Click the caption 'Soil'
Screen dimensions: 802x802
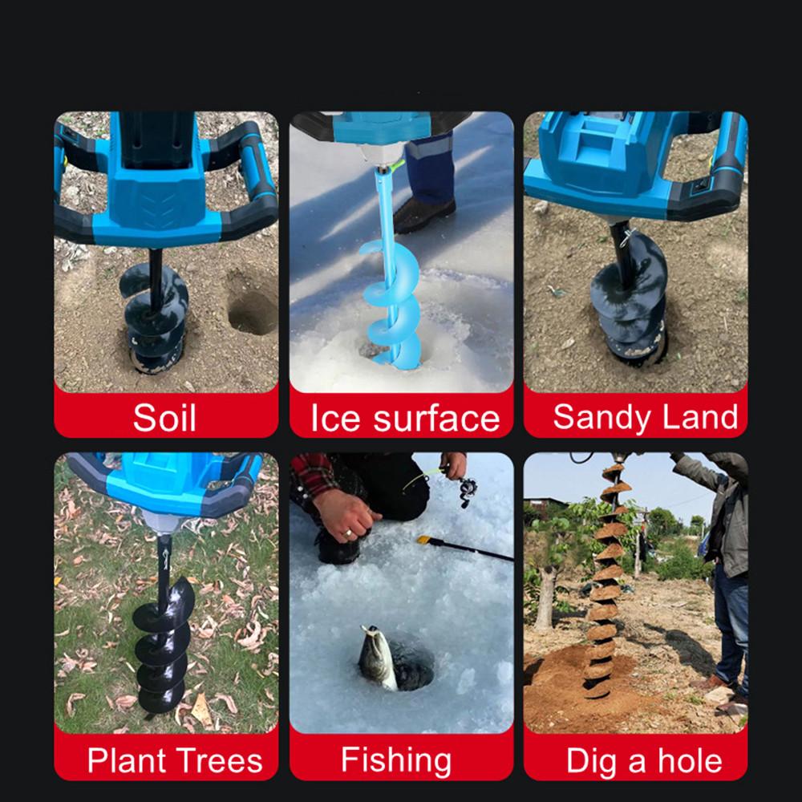click(164, 418)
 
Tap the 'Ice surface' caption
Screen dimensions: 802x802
click(405, 418)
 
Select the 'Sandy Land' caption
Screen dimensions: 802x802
click(645, 417)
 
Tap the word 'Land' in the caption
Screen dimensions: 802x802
click(705, 417)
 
